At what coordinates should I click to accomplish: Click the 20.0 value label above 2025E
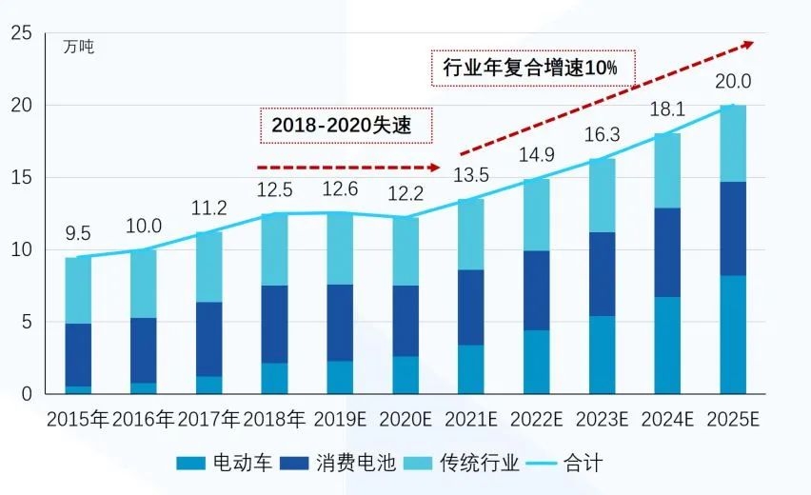click(x=733, y=82)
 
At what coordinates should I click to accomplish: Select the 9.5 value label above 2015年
click(x=78, y=234)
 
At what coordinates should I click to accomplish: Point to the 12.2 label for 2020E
click(x=405, y=195)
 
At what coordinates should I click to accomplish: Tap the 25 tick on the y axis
click(x=22, y=34)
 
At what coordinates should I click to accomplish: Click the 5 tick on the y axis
click(x=27, y=322)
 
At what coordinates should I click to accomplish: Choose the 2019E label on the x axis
click(x=340, y=419)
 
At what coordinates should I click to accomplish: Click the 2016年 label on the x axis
click(x=144, y=419)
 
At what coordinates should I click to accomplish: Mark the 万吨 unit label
click(x=79, y=45)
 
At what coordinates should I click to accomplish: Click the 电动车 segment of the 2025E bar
click(x=733, y=334)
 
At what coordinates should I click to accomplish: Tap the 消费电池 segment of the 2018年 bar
click(x=274, y=324)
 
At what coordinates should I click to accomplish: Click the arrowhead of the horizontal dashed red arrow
click(x=435, y=167)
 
